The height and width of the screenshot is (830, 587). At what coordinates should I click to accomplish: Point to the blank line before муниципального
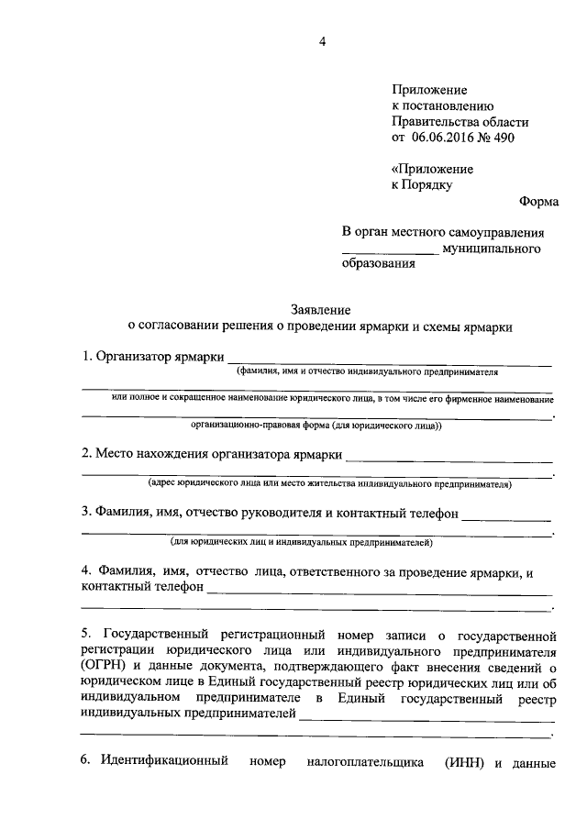click(x=390, y=249)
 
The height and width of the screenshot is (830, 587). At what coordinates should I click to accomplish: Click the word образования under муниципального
click(x=378, y=265)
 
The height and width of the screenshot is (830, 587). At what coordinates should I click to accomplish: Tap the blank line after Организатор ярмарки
click(x=389, y=361)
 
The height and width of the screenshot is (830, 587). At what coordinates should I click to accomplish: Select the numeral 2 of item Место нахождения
click(x=85, y=454)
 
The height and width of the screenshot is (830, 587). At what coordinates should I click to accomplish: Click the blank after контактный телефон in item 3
click(x=506, y=516)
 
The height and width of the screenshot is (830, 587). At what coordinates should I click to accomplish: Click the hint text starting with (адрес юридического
click(x=330, y=483)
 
